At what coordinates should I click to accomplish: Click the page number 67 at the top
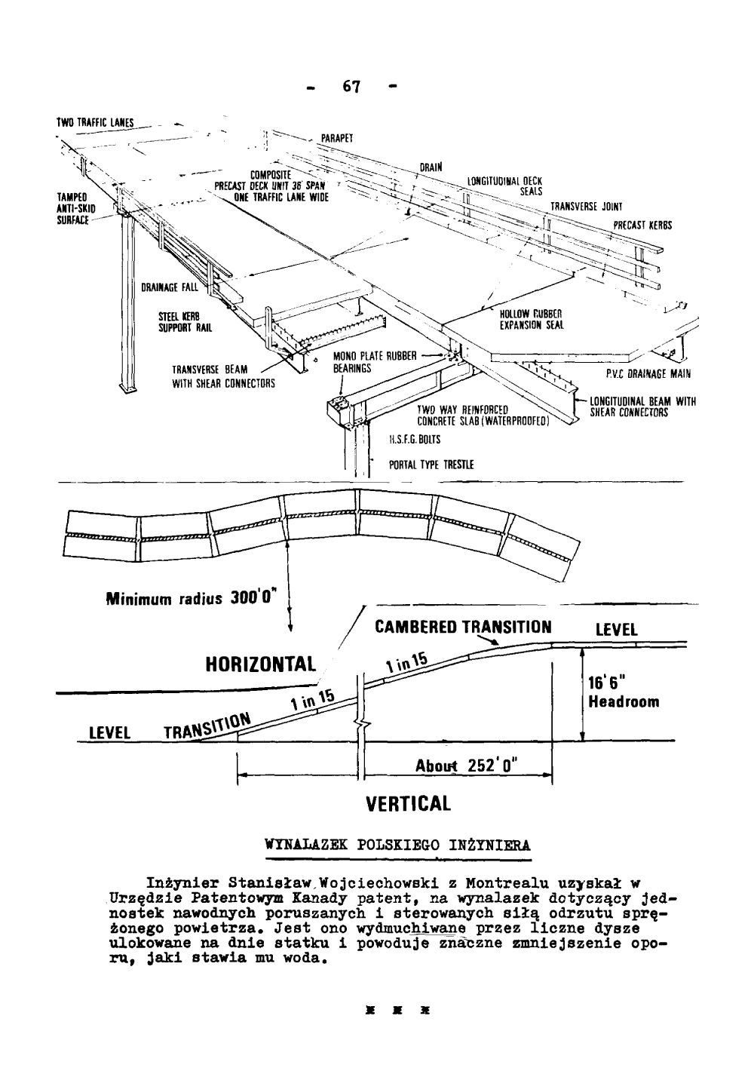[x=352, y=86]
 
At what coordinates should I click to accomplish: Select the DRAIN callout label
[x=431, y=167]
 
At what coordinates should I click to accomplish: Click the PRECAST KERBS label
[x=642, y=225]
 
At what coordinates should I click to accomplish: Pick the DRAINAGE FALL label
[x=170, y=287]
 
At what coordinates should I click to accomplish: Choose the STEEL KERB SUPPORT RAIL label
[x=185, y=322]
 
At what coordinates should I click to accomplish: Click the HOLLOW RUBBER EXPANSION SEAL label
[x=532, y=320]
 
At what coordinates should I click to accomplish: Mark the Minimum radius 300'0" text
[x=195, y=600]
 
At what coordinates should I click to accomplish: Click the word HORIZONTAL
[x=259, y=664]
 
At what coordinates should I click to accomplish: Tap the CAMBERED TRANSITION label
[x=463, y=628]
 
